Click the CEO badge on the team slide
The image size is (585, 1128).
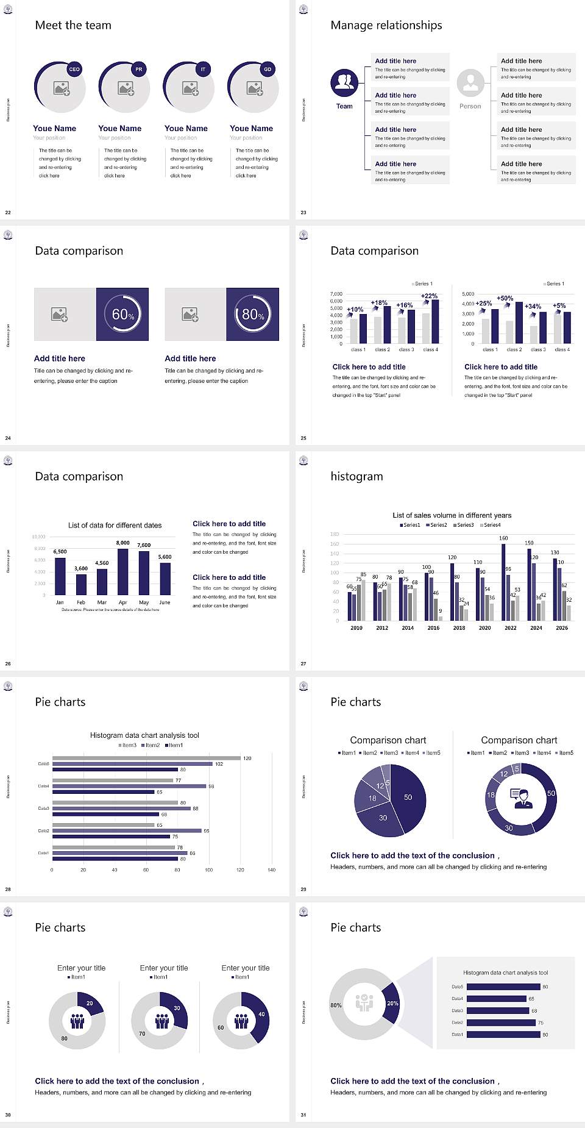pyautogui.click(x=74, y=69)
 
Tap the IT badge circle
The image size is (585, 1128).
pyautogui.click(x=203, y=69)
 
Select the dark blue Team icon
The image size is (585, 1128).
pyautogui.click(x=344, y=82)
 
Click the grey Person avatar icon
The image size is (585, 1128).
pyautogui.click(x=470, y=82)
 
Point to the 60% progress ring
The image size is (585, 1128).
pyautogui.click(x=122, y=314)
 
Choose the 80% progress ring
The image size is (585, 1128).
pyautogui.click(x=253, y=314)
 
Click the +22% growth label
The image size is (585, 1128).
pyautogui.click(x=429, y=296)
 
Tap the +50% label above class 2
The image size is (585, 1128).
pyautogui.click(x=505, y=298)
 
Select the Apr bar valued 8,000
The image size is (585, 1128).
pyautogui.click(x=123, y=571)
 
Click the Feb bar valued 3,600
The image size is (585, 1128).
pyautogui.click(x=81, y=584)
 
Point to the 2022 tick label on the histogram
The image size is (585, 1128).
pyautogui.click(x=511, y=627)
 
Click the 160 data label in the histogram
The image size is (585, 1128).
pyautogui.click(x=503, y=538)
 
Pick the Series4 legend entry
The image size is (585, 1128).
pyautogui.click(x=491, y=525)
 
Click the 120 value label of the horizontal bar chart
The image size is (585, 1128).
pyautogui.click(x=247, y=759)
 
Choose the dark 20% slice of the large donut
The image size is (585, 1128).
pyautogui.click(x=392, y=1003)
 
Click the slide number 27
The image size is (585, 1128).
pyautogui.click(x=303, y=663)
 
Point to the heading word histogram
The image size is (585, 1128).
pyautogui.click(x=356, y=476)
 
